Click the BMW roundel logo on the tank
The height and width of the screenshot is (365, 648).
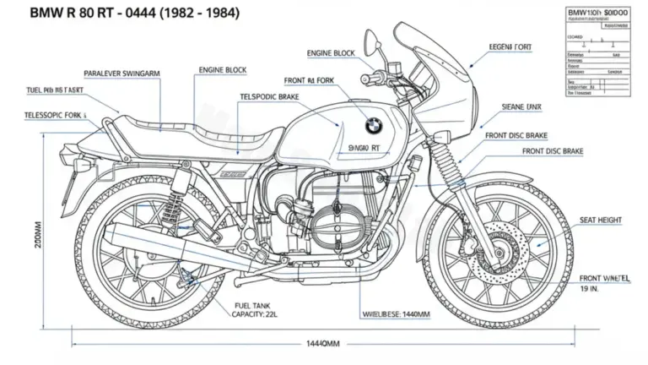[373, 125]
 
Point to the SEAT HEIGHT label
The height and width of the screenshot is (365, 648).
[600, 220]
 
